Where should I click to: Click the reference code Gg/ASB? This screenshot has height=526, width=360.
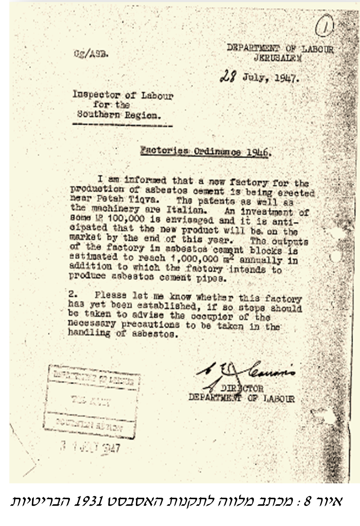pos(90,54)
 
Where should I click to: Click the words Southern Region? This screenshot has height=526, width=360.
pos(118,115)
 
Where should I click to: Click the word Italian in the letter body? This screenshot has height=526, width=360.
pos(193,212)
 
